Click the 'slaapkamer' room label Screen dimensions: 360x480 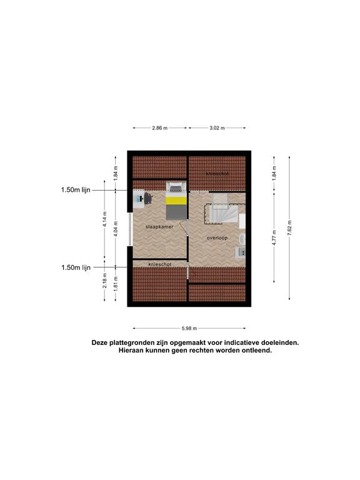(159, 227)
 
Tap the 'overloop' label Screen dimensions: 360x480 (217, 238)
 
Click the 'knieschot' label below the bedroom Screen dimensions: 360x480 (160, 264)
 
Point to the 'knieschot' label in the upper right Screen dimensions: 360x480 (217, 174)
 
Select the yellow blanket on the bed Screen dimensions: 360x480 (176, 201)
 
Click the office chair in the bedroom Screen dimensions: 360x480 (149, 197)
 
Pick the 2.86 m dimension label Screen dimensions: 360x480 (160, 128)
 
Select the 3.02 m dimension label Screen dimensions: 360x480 (217, 128)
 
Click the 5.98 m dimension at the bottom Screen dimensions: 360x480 (189, 329)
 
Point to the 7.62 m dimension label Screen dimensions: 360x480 (289, 227)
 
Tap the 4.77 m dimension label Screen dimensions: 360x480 (274, 237)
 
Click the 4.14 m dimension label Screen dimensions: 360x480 (105, 219)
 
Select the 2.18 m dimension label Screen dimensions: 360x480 (105, 281)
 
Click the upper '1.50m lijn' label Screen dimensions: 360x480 (76, 190)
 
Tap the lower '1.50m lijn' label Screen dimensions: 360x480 (76, 267)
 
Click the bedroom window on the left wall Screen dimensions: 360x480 (131, 229)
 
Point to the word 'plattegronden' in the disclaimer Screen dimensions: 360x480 (127, 343)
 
